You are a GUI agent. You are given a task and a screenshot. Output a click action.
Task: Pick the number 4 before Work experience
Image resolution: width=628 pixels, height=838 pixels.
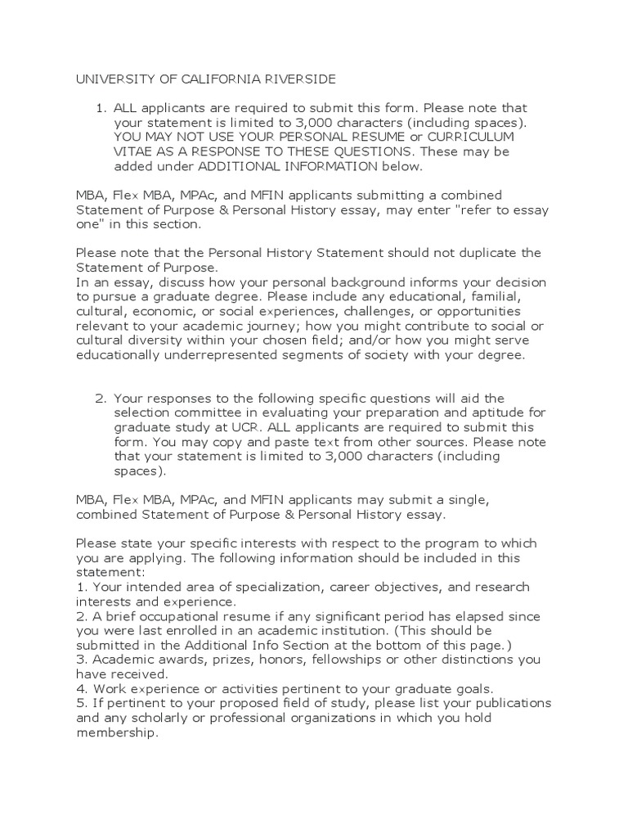tap(80, 690)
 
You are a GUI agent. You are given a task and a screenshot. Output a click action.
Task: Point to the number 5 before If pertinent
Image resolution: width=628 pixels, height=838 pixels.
tap(79, 705)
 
